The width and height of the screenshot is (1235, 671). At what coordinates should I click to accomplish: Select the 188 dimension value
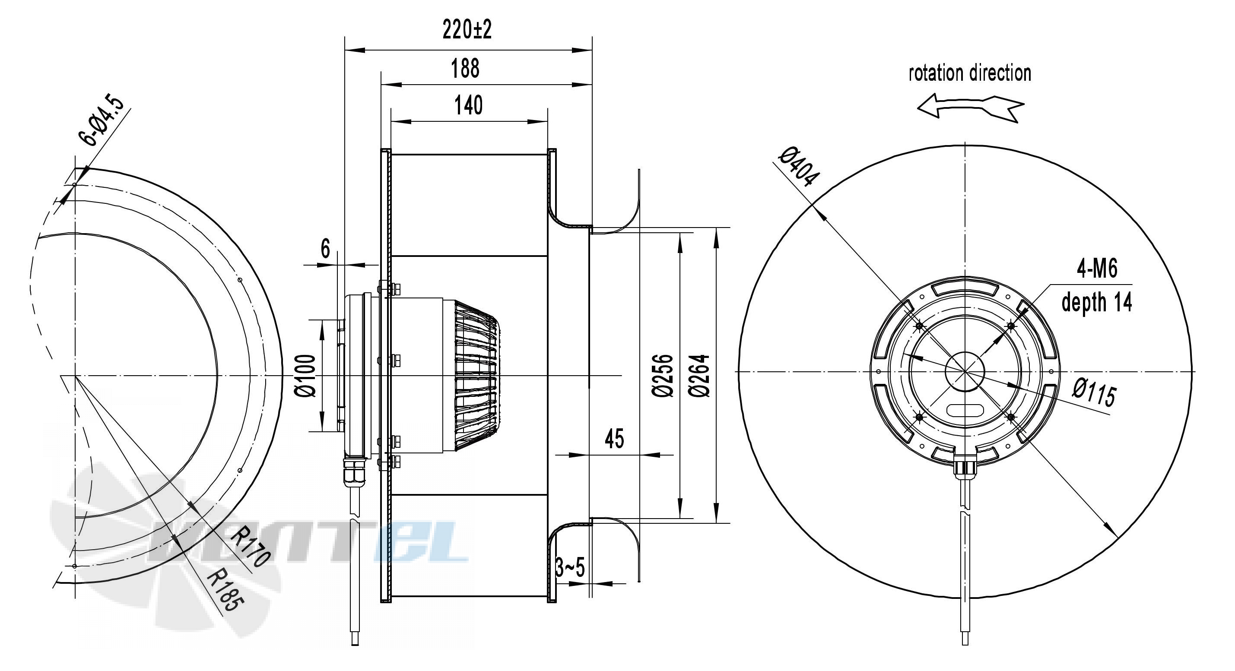click(465, 69)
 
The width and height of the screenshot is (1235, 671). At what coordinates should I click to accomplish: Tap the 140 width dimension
click(468, 105)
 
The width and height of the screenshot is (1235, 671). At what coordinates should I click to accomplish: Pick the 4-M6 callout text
click(1097, 269)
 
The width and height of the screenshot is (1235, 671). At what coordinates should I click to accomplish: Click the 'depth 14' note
click(1097, 302)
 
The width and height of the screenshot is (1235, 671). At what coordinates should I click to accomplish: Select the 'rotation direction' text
click(970, 73)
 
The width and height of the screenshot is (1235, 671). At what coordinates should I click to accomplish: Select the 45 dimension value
click(614, 439)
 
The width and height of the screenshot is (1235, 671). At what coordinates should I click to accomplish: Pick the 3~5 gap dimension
click(570, 568)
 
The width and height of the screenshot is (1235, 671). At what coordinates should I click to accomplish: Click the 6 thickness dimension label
click(326, 249)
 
